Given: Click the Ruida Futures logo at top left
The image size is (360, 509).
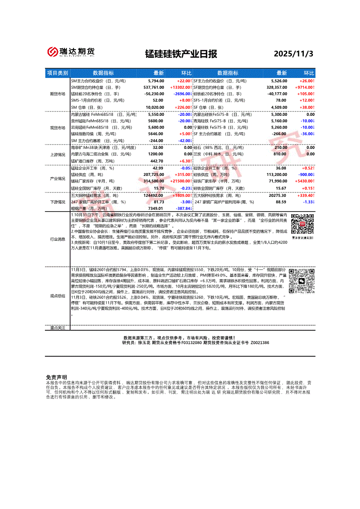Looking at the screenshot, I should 71,52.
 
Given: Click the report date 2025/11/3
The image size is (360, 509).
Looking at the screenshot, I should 293,54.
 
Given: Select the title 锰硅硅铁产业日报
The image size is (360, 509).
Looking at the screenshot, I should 181,54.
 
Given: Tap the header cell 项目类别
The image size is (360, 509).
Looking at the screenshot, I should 58,73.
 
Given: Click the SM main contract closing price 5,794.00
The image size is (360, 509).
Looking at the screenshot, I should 156,81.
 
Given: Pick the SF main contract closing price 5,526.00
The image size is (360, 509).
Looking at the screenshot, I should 278,81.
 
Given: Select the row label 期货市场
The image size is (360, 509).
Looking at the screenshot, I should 58,94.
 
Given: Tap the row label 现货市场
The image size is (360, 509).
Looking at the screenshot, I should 58,128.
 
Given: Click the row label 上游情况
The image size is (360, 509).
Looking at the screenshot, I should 58,155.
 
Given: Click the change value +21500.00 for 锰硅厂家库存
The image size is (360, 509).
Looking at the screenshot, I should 180,181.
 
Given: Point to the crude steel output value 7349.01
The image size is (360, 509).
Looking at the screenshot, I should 155,209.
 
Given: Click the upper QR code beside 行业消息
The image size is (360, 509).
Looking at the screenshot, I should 302,224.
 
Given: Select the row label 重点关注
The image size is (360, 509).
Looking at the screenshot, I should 58,327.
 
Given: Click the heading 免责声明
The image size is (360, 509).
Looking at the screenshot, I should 56,377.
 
